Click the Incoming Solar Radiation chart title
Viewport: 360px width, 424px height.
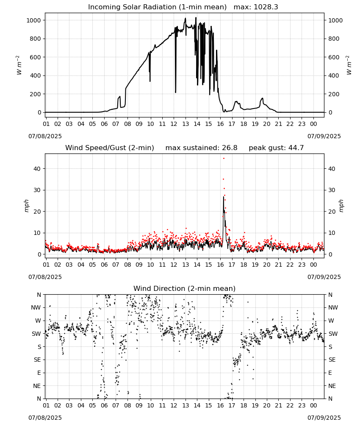coord(157,7)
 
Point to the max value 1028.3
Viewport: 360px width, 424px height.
coord(266,7)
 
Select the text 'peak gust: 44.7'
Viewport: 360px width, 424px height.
coord(276,148)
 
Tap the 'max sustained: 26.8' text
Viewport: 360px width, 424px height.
coord(201,148)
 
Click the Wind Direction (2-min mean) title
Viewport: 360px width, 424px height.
coord(185,288)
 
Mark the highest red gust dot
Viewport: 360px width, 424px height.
coord(224,158)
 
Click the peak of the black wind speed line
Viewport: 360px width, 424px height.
coord(224,197)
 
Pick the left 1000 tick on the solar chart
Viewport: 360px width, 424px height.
coord(33,20)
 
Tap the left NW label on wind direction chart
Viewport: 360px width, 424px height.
coord(36,308)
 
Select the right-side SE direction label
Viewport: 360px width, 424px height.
coord(332,360)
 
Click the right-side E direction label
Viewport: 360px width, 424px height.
coord(330,373)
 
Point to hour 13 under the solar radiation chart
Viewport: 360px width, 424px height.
coord(186,124)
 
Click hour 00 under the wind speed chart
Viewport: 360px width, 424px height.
coord(313,265)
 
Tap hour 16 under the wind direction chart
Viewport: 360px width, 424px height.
coord(220,406)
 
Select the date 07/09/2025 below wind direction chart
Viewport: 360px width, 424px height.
coord(324,418)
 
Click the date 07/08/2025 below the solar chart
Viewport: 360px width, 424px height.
coord(45,136)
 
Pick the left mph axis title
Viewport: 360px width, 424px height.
coord(26,206)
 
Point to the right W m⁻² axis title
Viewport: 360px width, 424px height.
coord(349,65)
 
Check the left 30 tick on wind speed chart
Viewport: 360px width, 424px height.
coord(37,190)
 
